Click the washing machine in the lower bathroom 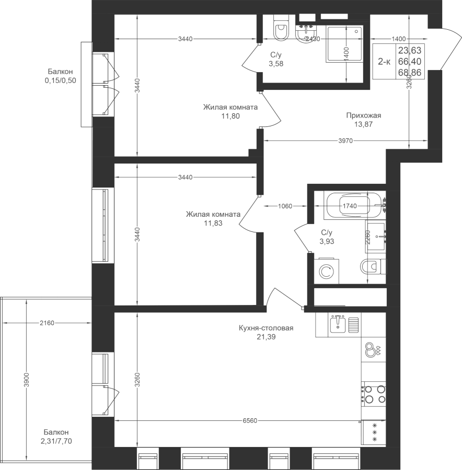tap(327, 271)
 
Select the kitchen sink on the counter tap(338, 324)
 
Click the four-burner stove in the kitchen tap(374, 394)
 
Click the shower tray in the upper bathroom tap(344, 44)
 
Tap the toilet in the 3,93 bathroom tap(373, 266)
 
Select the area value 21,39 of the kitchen tap(266, 337)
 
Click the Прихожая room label tap(364, 115)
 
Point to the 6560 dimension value tap(250, 421)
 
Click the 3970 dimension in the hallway tap(345, 140)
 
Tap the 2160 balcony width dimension tap(47, 323)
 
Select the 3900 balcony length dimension tap(27, 380)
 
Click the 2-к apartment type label tap(384, 62)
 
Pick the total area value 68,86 tap(410, 73)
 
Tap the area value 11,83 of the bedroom tap(213, 223)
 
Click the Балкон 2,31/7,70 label tap(56, 437)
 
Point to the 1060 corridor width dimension tap(285, 206)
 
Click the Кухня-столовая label tap(266, 328)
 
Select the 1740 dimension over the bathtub tap(350, 206)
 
